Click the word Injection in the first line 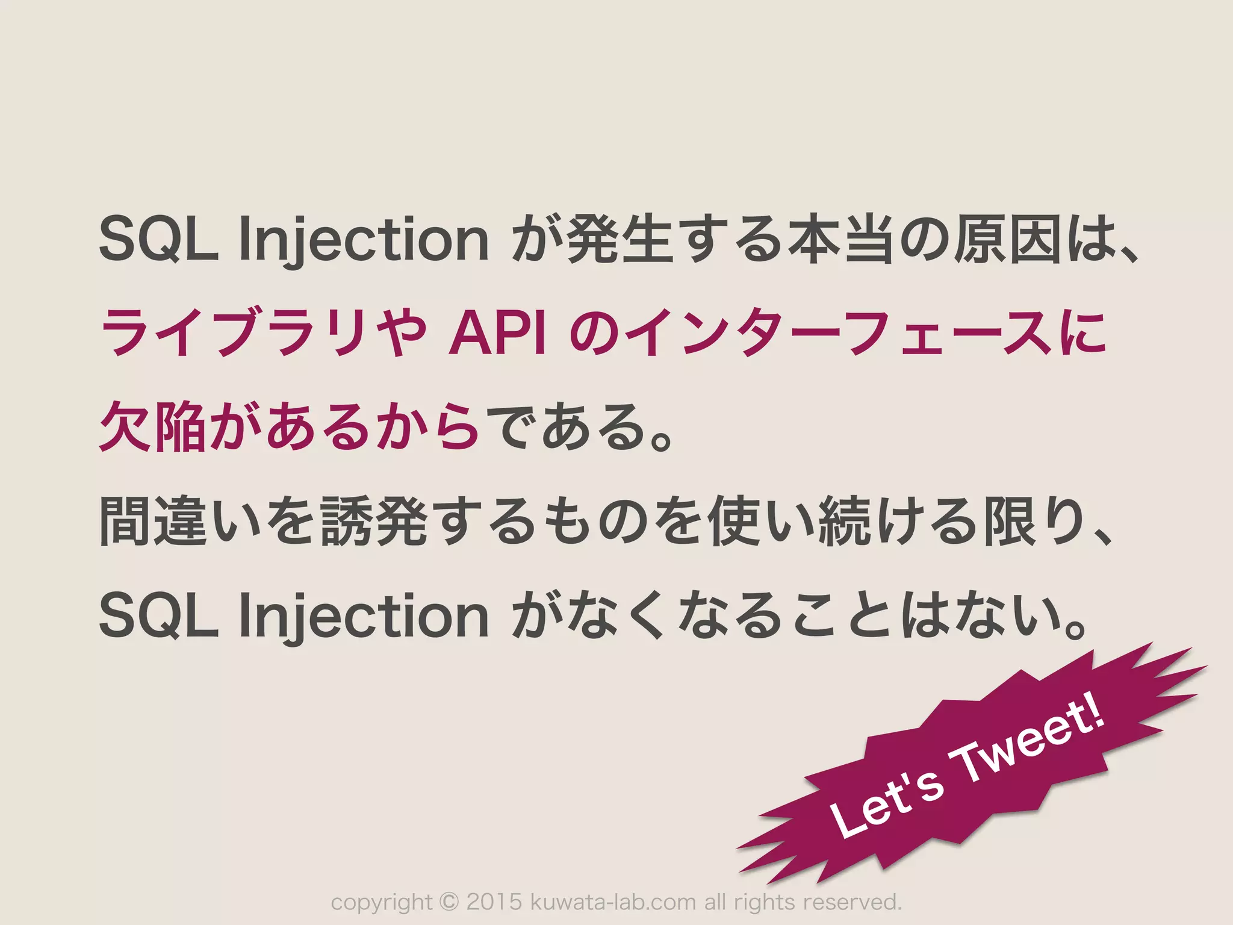pyautogui.click(x=364, y=241)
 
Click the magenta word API pyautogui.click(x=498, y=333)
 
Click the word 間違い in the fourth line pyautogui.click(x=181, y=520)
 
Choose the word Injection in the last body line pyautogui.click(x=364, y=617)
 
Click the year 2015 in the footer pyautogui.click(x=494, y=902)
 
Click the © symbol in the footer pyautogui.click(x=449, y=902)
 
